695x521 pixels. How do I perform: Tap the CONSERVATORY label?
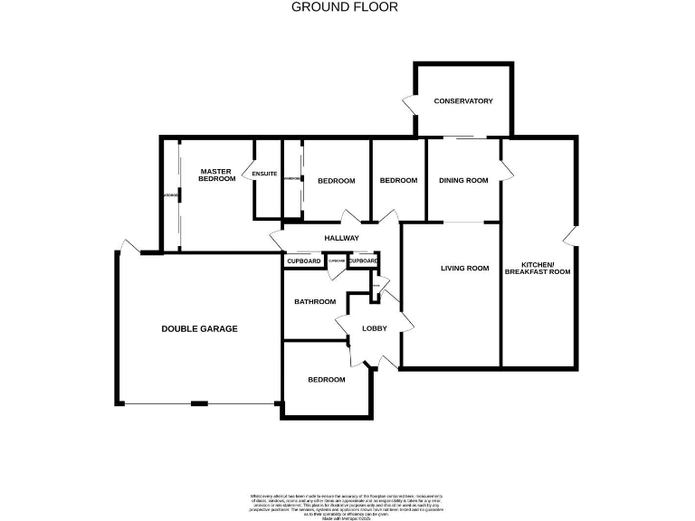(462, 100)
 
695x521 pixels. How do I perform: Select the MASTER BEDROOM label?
(216, 175)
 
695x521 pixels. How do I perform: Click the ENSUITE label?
(265, 174)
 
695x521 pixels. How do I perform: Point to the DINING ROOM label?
(463, 180)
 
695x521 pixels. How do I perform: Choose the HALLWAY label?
(342, 238)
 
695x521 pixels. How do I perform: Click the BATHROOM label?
(314, 301)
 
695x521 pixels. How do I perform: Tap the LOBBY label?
(375, 328)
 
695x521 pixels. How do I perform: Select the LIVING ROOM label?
(464, 268)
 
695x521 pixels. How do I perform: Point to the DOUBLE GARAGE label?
(199, 328)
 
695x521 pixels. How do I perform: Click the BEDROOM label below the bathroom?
(326, 380)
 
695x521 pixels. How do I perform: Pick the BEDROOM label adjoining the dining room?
(398, 181)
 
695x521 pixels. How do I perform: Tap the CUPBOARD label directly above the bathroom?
(304, 261)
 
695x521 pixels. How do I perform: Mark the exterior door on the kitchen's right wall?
(569, 236)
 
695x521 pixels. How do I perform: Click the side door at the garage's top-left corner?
(129, 246)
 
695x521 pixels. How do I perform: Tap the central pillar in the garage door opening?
(199, 404)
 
